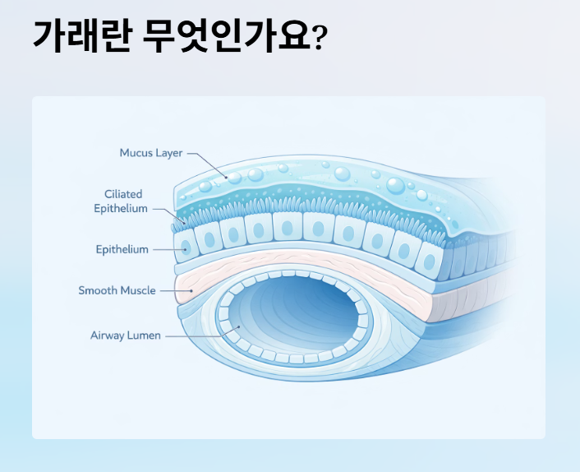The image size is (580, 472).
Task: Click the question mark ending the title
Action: pyautogui.click(x=321, y=38)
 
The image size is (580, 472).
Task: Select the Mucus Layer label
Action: pyautogui.click(x=150, y=153)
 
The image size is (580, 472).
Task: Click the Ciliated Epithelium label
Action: pyautogui.click(x=122, y=201)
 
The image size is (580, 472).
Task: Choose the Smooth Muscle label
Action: pyautogui.click(x=117, y=290)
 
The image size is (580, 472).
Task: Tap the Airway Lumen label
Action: pyautogui.click(x=126, y=335)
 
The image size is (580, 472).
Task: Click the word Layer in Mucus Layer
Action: pyautogui.click(x=167, y=153)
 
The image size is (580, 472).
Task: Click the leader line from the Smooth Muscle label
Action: pyautogui.click(x=174, y=290)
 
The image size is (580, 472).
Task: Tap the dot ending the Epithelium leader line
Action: pyautogui.click(x=186, y=249)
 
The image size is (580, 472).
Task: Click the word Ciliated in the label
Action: pyautogui.click(x=123, y=194)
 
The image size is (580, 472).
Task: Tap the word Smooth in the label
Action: pyautogui.click(x=97, y=290)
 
